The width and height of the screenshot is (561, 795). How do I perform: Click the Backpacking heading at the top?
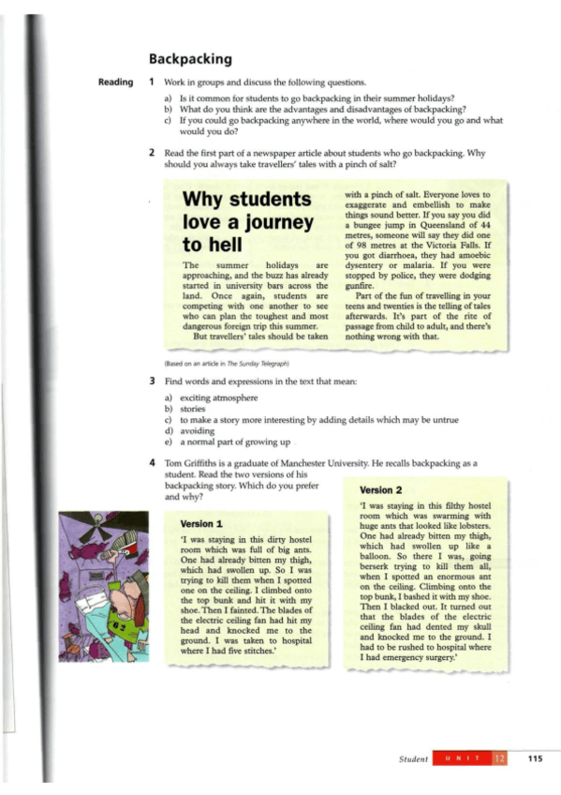click(193, 58)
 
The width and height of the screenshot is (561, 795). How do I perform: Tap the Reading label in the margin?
click(116, 82)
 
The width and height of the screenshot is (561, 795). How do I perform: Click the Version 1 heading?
click(201, 523)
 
